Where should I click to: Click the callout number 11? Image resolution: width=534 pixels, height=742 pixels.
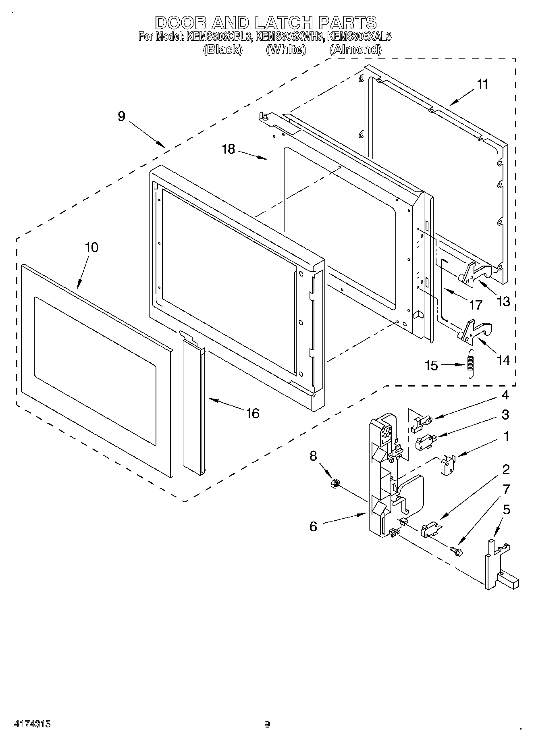click(482, 84)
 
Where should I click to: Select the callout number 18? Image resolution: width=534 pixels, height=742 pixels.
click(228, 149)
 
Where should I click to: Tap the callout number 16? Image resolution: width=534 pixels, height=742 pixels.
click(253, 413)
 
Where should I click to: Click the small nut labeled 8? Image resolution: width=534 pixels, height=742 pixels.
click(334, 483)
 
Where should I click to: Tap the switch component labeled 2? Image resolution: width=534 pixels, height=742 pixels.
click(430, 530)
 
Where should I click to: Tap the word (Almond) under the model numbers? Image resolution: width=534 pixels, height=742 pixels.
click(355, 50)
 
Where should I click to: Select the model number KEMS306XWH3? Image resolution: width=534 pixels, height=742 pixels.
click(289, 37)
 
